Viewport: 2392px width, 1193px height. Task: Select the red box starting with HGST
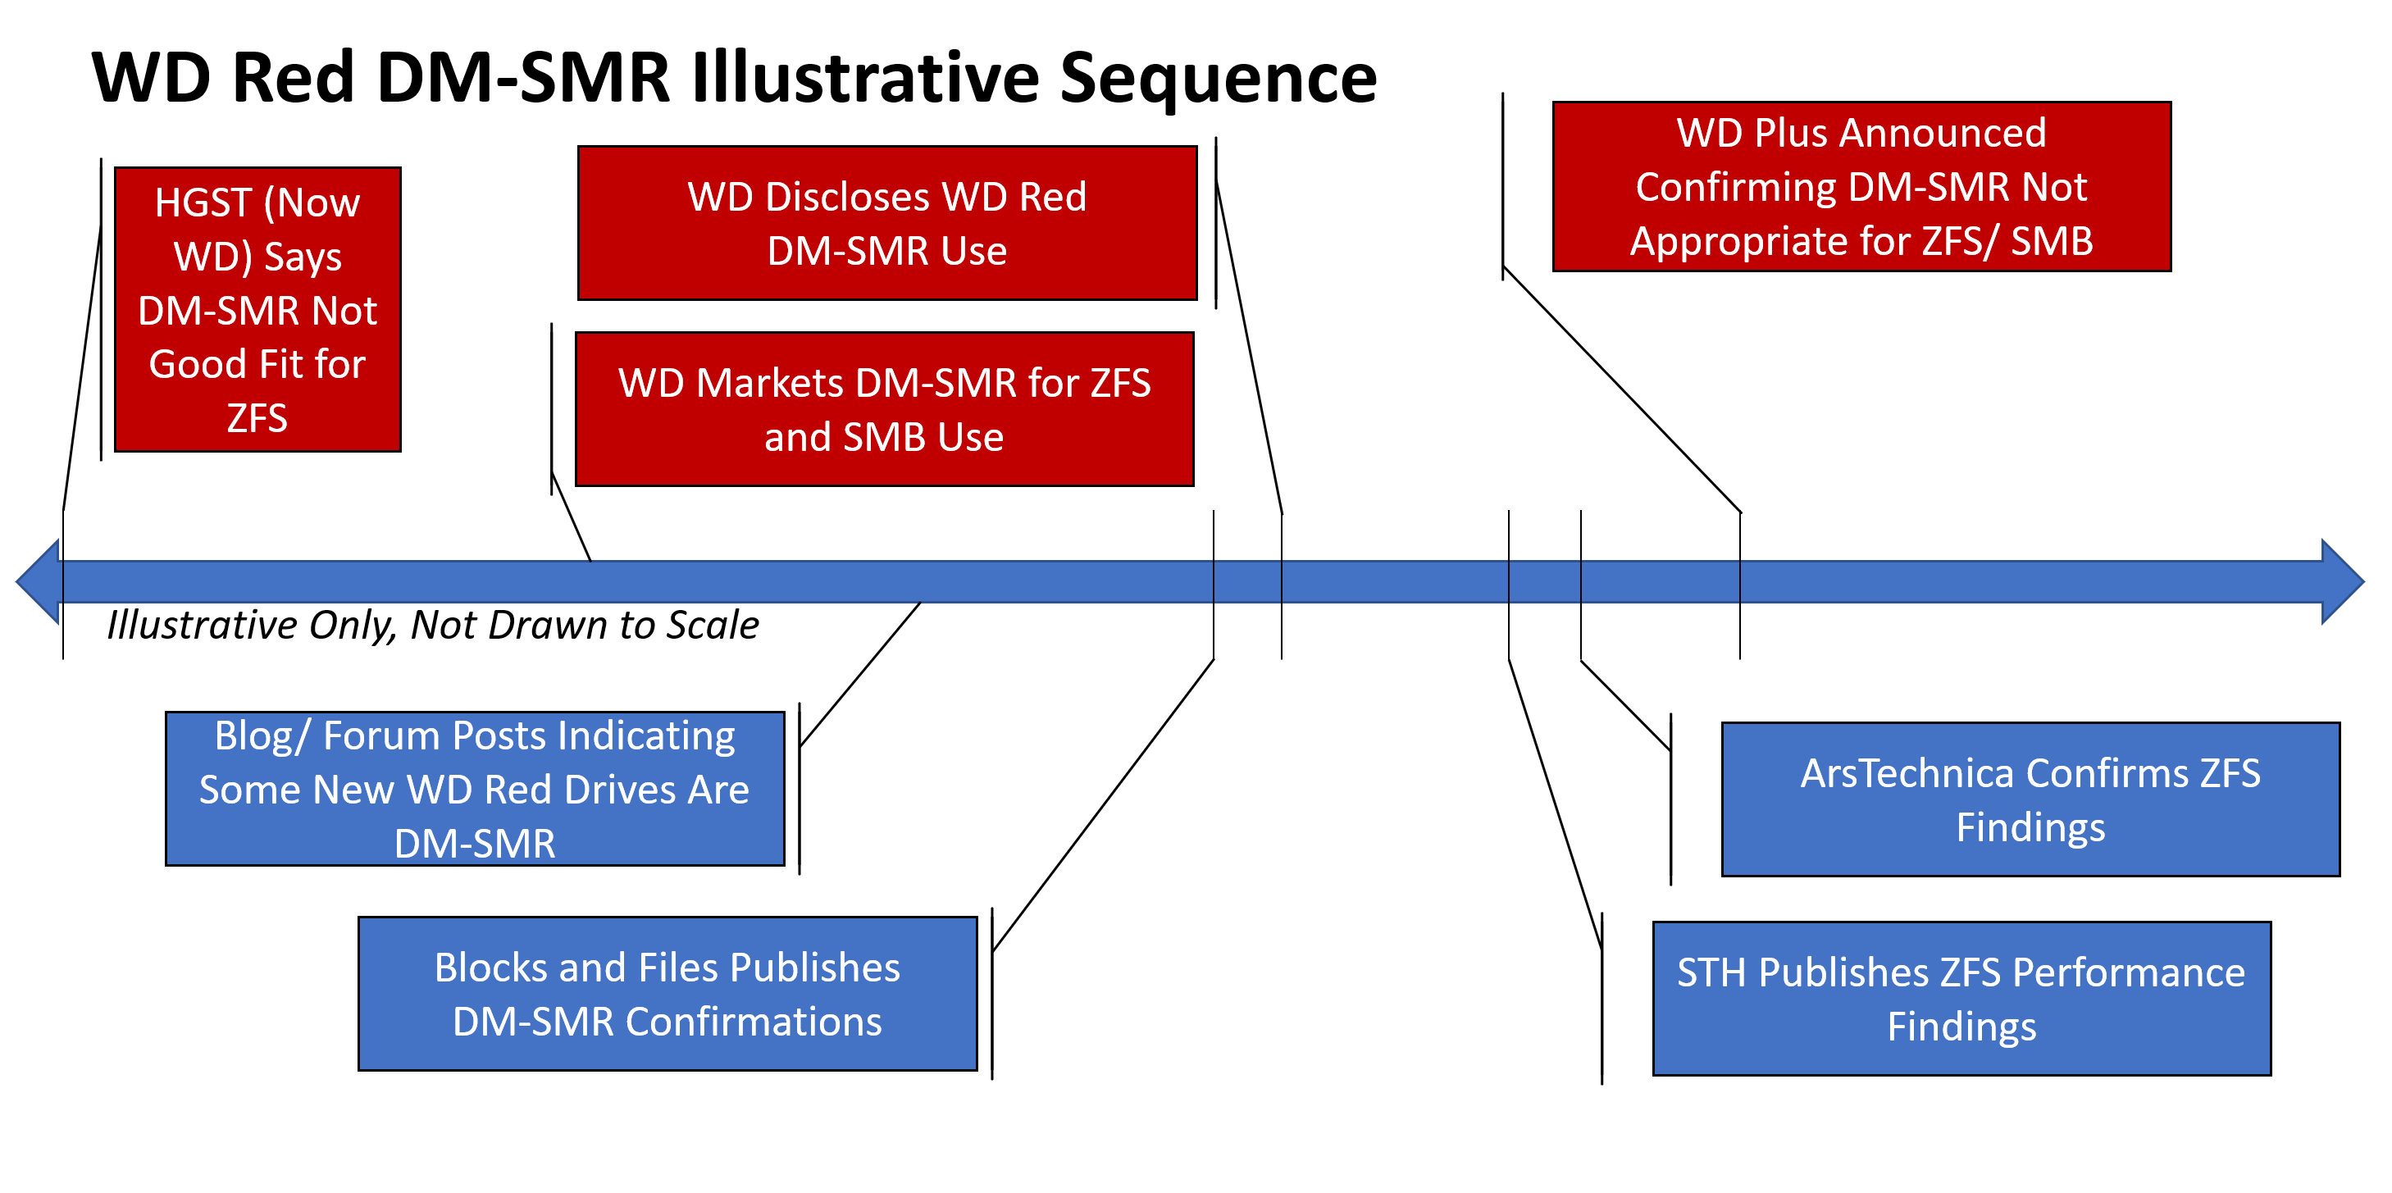257,309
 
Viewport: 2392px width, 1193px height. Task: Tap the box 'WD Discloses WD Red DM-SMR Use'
886,223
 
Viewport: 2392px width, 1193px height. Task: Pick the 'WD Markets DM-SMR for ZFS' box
884,409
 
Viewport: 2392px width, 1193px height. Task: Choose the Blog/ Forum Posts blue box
475,789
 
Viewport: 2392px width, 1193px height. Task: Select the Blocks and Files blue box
667,994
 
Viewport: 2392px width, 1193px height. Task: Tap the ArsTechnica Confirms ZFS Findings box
2031,799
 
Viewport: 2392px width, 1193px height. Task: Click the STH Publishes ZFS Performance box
1962,998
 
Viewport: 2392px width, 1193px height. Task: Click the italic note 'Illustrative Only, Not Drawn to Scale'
433,625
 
